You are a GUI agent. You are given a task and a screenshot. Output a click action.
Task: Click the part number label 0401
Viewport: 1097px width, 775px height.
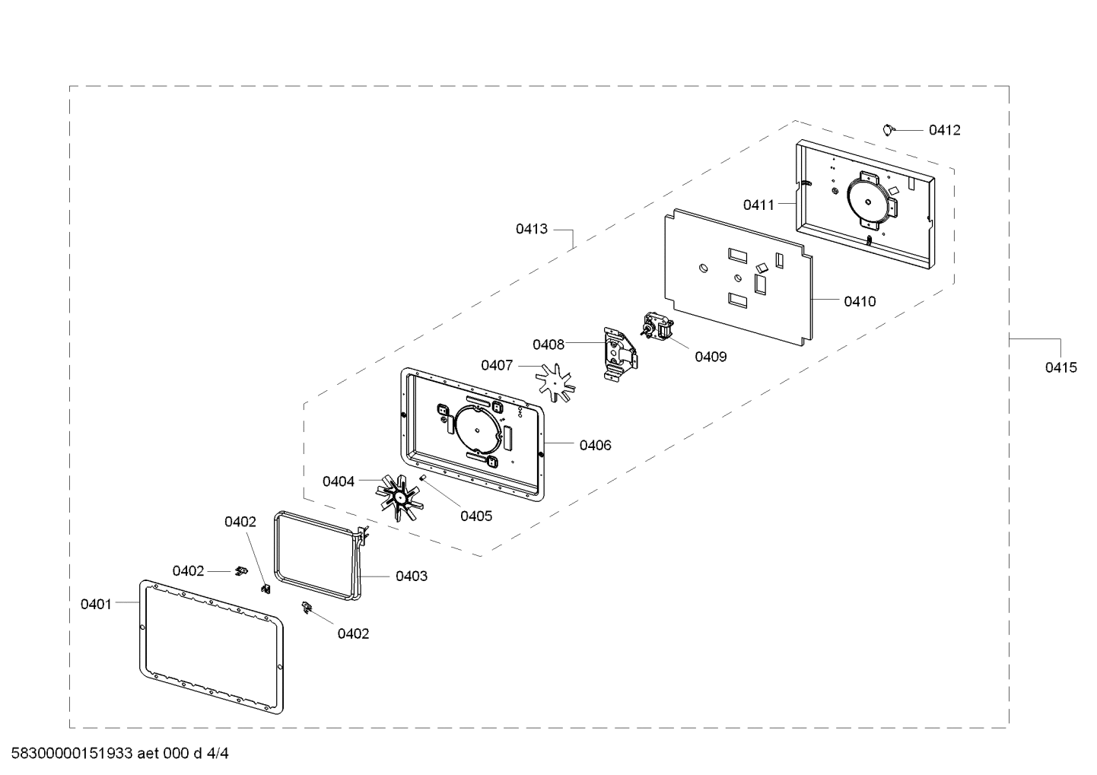(96, 604)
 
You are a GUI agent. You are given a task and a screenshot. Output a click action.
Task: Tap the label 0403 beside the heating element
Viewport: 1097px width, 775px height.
(411, 576)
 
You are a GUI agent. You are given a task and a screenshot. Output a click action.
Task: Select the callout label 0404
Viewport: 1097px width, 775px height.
(338, 481)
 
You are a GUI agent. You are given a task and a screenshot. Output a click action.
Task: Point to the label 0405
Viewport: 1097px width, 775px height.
(475, 516)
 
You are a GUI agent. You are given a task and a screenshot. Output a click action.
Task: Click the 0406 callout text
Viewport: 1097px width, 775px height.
(595, 445)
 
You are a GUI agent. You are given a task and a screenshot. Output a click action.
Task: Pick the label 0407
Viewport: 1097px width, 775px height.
(497, 365)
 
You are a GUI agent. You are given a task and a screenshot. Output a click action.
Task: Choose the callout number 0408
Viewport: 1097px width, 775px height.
(548, 345)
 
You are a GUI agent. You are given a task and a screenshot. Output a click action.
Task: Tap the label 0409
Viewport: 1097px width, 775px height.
(710, 357)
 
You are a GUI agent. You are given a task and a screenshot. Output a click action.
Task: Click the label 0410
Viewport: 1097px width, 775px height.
(860, 301)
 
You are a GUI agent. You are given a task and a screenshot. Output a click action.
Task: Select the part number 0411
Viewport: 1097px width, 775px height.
(758, 205)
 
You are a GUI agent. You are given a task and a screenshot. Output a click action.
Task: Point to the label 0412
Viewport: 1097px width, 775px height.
(944, 130)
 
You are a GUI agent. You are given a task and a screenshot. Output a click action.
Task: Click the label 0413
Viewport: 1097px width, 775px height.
(531, 228)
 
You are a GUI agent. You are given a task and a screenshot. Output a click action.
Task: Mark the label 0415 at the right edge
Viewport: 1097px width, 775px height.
(1060, 367)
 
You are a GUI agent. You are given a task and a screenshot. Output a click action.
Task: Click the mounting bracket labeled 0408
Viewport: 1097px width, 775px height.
(617, 354)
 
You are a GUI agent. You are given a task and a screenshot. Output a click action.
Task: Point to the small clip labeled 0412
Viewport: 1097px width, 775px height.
(888, 129)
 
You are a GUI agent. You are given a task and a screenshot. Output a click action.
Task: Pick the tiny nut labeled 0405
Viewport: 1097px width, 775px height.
(422, 478)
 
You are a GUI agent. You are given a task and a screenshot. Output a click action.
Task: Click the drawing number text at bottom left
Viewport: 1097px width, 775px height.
(119, 754)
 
